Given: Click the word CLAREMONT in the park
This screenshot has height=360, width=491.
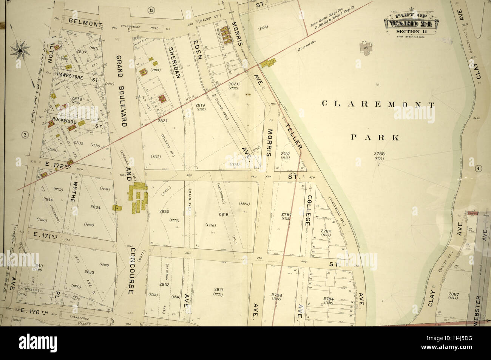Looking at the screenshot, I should click(x=378, y=104).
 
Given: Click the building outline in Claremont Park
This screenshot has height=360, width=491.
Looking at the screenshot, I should click(x=365, y=48).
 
